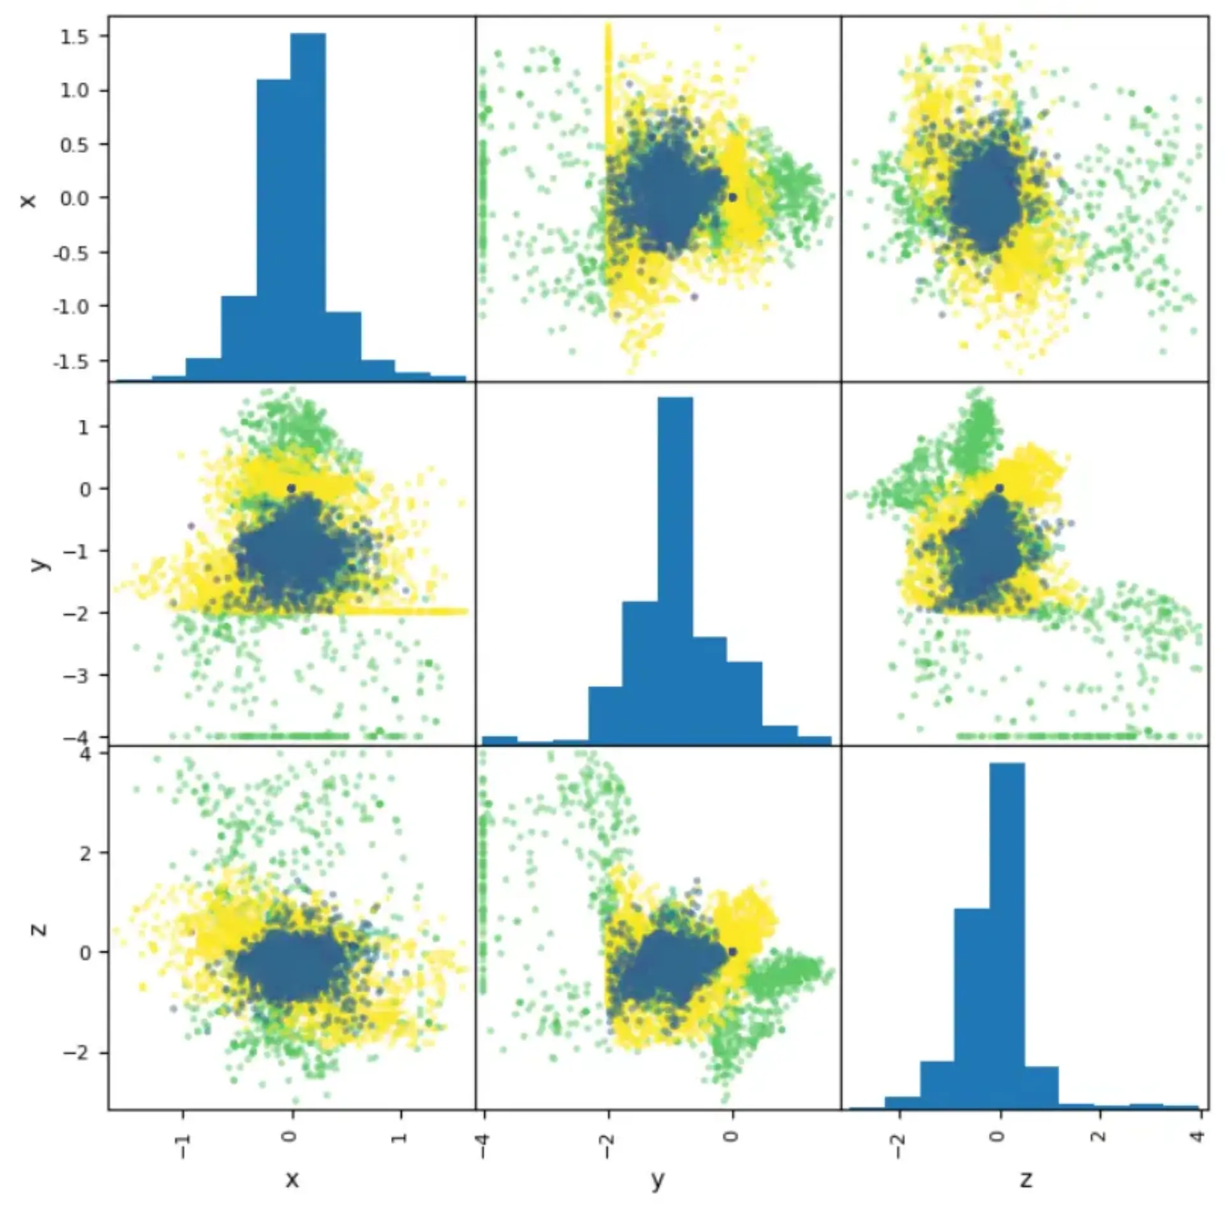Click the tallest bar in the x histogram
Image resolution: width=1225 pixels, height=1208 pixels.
[308, 207]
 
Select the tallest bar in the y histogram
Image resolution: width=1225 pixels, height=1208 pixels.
[675, 570]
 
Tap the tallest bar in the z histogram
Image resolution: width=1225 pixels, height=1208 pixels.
[1007, 936]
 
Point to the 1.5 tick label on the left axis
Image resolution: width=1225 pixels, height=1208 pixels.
[75, 36]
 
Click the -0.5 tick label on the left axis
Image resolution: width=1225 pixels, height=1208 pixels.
[71, 253]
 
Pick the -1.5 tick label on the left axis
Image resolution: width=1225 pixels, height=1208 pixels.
[71, 361]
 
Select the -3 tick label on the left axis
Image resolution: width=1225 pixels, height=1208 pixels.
[77, 675]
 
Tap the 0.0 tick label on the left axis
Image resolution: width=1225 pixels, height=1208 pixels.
[75, 198]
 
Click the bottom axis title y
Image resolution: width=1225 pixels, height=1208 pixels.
[658, 1181]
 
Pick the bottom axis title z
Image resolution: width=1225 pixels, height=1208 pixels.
[1025, 1179]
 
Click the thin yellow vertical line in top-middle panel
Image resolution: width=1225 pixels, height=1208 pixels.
[608, 89]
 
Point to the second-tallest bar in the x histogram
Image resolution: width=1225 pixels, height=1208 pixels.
[274, 230]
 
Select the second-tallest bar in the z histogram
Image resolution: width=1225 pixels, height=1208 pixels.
[972, 1009]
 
